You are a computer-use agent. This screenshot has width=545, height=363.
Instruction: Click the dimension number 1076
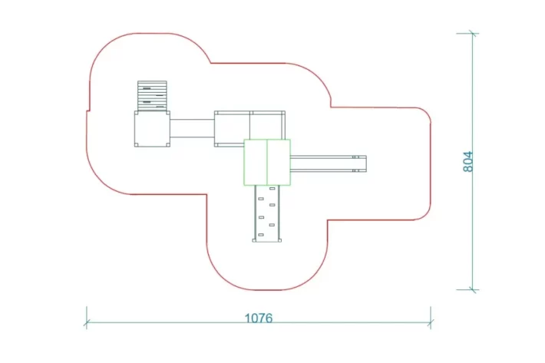pyautogui.click(x=258, y=318)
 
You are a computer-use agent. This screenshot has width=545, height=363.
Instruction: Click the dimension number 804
pyautogui.click(x=468, y=161)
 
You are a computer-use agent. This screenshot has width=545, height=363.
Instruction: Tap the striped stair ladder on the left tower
pyautogui.click(x=152, y=96)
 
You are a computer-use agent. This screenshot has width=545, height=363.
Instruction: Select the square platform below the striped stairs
pyautogui.click(x=152, y=129)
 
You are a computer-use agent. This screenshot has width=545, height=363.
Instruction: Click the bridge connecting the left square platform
pyautogui.click(x=191, y=127)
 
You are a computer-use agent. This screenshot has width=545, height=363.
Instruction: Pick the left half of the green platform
pyautogui.click(x=256, y=162)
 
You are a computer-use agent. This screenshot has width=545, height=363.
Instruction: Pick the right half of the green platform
pyautogui.click(x=279, y=162)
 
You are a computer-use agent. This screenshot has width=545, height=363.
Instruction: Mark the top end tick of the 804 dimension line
pyautogui.click(x=473, y=34)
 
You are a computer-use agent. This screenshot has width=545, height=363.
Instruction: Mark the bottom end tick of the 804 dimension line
pyautogui.click(x=473, y=290)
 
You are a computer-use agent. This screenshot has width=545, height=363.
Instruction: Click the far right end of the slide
pyautogui.click(x=365, y=163)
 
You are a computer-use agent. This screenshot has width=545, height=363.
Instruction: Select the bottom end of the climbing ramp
pyautogui.click(x=267, y=240)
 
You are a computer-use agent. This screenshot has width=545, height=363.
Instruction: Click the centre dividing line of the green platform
pyautogui.click(x=267, y=162)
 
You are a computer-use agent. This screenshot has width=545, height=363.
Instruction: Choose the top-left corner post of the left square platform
pyautogui.click(x=137, y=113)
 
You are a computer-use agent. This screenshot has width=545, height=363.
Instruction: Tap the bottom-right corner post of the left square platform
pyautogui.click(x=167, y=145)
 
